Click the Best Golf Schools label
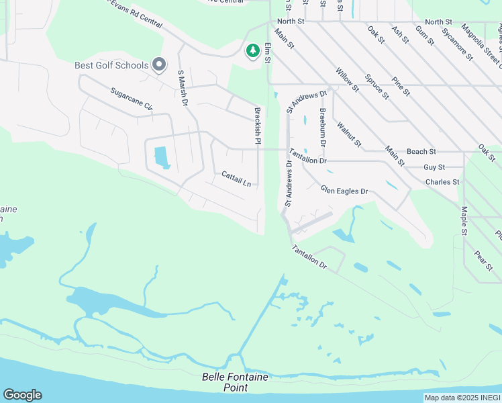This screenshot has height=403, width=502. pyautogui.click(x=111, y=65)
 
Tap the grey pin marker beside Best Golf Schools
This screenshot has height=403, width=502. pyautogui.click(x=159, y=64)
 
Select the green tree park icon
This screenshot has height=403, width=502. pyautogui.click(x=252, y=51)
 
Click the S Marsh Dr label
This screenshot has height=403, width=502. pyautogui.click(x=182, y=89)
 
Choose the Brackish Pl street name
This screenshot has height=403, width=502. pyautogui.click(x=256, y=126)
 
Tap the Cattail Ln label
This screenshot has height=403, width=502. pyautogui.click(x=236, y=179)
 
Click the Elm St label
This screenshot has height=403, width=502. pyautogui.click(x=267, y=53)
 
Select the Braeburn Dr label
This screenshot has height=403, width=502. pyautogui.click(x=323, y=128)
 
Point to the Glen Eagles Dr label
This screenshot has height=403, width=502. pyautogui.click(x=345, y=191)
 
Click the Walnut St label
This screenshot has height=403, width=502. pyautogui.click(x=349, y=134)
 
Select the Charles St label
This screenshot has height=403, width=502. pyautogui.click(x=442, y=181)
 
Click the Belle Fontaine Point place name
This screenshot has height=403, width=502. pyautogui.click(x=235, y=382)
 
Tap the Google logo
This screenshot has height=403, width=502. pyautogui.click(x=22, y=395)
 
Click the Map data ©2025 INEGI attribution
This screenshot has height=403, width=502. pyautogui.click(x=462, y=398)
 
